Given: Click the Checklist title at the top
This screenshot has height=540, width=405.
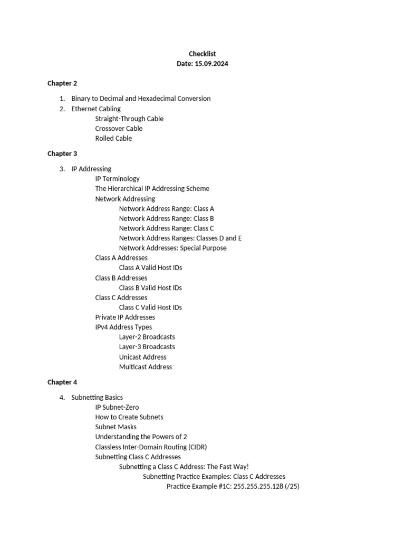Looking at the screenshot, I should [x=202, y=54].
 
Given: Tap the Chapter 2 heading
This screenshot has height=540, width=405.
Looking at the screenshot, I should [x=62, y=83].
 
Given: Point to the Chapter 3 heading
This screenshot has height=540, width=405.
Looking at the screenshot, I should [x=62, y=154].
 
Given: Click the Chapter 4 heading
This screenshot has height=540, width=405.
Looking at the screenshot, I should [x=62, y=382].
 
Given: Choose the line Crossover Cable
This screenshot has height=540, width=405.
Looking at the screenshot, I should [x=119, y=129].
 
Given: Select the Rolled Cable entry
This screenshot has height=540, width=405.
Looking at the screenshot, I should [x=113, y=139].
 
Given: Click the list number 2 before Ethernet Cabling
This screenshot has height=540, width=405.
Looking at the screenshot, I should [x=62, y=109].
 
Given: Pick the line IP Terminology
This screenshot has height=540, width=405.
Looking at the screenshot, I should [x=118, y=179].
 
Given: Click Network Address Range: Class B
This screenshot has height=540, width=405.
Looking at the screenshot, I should [x=166, y=218].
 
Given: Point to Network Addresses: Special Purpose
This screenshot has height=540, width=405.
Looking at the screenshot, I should [x=172, y=248].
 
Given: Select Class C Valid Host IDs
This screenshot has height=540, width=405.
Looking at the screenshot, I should [x=150, y=307].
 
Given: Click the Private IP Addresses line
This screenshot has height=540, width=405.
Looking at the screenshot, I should [x=125, y=317].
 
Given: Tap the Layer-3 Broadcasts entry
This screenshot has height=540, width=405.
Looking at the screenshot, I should [x=147, y=347].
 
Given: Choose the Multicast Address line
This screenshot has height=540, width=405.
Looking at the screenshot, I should [x=145, y=367].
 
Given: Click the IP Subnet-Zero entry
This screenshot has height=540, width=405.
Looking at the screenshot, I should [x=117, y=407].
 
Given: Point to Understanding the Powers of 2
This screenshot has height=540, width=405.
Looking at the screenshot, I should [x=141, y=437].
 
